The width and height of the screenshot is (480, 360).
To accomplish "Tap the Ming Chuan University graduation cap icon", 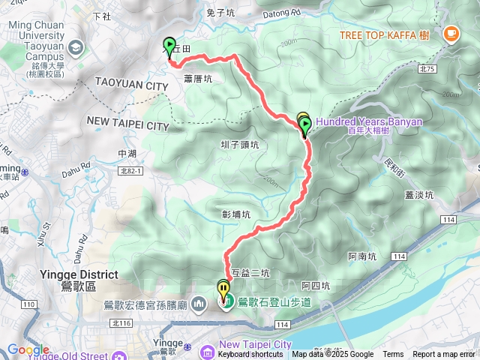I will coord(76,47).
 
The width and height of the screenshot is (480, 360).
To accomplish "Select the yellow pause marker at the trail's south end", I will coord(223,287).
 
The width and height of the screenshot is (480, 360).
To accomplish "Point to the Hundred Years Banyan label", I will coord(369,121).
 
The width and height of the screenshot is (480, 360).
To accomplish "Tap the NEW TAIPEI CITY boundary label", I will coord(128,121).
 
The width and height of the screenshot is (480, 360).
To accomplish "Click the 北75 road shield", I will coord(427,69).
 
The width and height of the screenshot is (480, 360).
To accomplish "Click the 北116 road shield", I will coord(119,322).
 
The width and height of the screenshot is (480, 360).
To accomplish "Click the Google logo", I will coord(28,350).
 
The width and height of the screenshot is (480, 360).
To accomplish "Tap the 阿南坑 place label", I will coord(363,256).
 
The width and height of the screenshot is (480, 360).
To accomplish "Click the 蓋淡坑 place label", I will coord(418,195).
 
